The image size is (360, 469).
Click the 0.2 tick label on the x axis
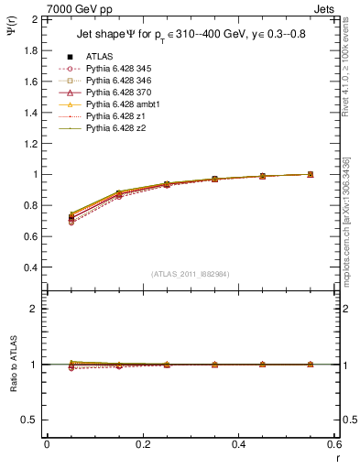[142, 443]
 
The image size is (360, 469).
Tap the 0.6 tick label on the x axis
[333, 443]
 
